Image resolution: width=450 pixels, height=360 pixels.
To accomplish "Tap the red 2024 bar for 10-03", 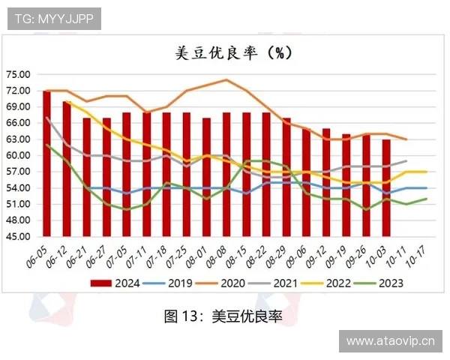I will [386, 187].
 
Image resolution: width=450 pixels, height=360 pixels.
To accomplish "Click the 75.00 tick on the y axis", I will [17, 74].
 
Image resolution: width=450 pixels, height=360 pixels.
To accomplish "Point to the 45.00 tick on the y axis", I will [17, 236].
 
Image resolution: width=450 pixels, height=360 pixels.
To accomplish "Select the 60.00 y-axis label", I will [17, 155].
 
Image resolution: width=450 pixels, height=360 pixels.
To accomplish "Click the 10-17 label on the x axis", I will [421, 255].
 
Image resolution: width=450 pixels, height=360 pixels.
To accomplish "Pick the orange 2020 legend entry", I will [223, 283].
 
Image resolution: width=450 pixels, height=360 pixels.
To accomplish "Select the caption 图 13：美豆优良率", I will [223, 316].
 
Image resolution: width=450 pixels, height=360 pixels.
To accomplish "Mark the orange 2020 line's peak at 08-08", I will [226, 79].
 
